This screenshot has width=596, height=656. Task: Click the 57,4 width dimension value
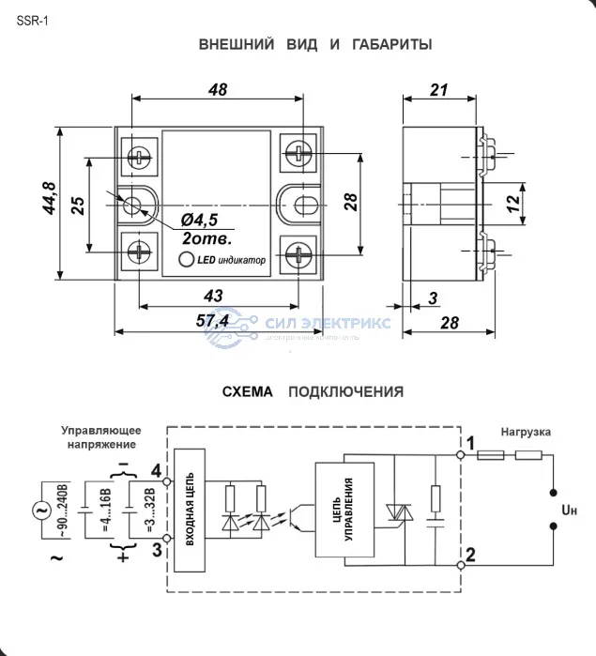pos(213,322)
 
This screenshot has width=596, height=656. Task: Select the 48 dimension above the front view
pos(217,90)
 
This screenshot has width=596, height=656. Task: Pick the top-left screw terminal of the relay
pos(140,155)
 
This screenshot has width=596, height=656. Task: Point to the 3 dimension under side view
pos(433,298)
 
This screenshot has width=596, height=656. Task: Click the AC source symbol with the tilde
pos(42,511)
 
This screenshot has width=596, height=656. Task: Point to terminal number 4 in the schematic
pos(155,470)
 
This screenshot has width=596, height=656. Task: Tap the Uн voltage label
pos(569,510)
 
